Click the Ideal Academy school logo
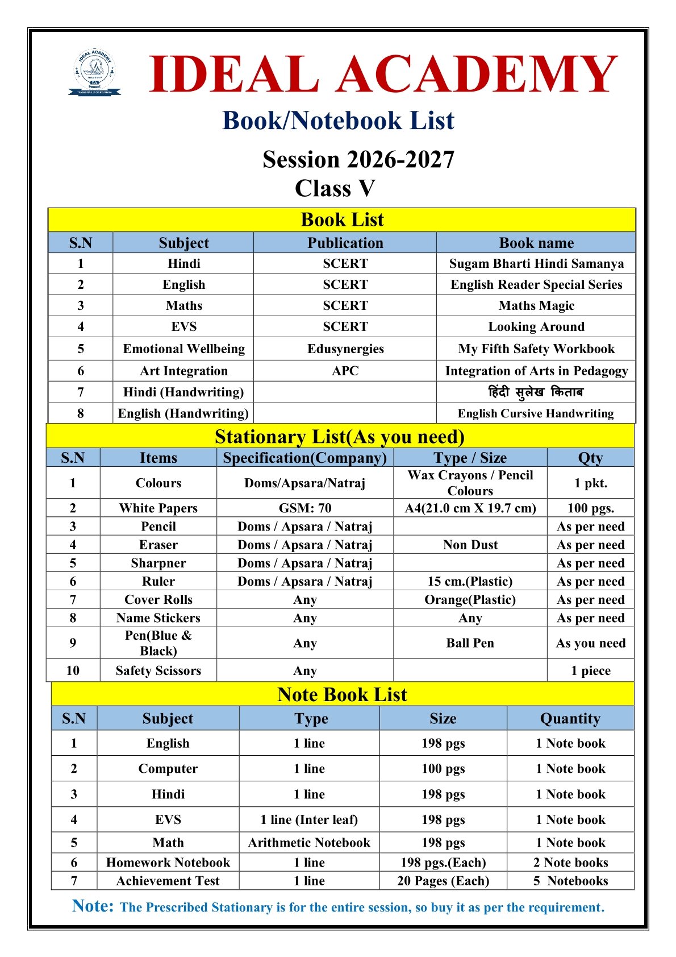(x=94, y=72)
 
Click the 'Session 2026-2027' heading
(x=358, y=160)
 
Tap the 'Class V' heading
(x=335, y=188)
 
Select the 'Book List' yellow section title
(x=342, y=219)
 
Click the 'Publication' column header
(x=345, y=243)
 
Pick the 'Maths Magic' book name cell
(x=536, y=306)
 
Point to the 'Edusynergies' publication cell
(x=345, y=349)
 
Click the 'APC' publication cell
(x=345, y=371)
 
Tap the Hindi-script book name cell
(x=536, y=392)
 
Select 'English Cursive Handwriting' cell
(x=536, y=413)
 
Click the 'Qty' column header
(x=590, y=458)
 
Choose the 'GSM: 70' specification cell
(x=304, y=508)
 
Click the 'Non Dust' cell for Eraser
(x=470, y=545)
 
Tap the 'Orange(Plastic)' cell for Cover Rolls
(x=470, y=599)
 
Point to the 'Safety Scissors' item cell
(x=158, y=670)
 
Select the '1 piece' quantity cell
(x=590, y=670)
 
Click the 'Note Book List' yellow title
(x=342, y=694)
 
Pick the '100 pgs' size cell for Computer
(x=443, y=769)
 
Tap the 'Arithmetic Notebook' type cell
(x=309, y=843)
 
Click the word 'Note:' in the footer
(x=93, y=906)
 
